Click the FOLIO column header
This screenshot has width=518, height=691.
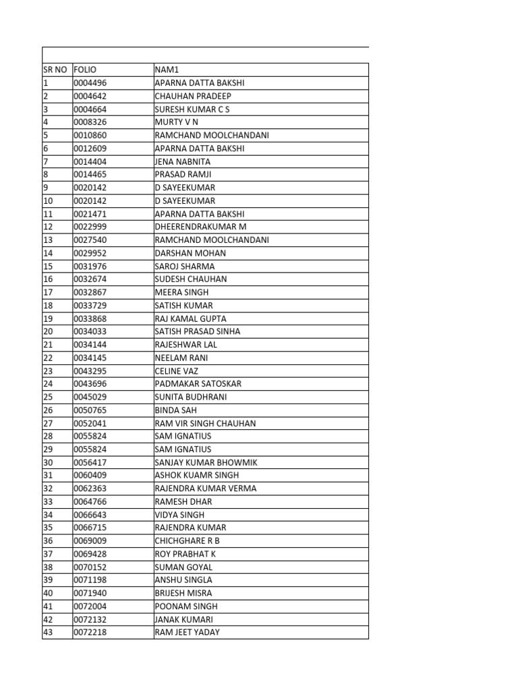pos(86,70)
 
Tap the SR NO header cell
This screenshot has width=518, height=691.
pos(56,70)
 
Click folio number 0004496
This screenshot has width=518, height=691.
pos(90,83)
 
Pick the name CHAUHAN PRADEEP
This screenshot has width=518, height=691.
pos(193,96)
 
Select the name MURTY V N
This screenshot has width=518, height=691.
pos(177,122)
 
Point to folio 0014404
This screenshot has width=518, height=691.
pos(90,161)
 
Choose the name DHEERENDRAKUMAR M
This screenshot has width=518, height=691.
pos(200,227)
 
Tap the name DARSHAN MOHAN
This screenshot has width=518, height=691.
pos(190,253)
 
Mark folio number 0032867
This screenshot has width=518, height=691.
pos(90,292)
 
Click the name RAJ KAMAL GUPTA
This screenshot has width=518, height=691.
pos(190,319)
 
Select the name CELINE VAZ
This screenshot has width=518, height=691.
pos(177,371)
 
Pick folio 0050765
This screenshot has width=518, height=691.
pos(90,410)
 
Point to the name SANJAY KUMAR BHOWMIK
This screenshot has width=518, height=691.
pos(206,462)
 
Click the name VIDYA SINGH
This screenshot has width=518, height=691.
pos(179,515)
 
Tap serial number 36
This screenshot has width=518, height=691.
pos(48,541)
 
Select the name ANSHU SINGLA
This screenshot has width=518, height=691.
pos(183,580)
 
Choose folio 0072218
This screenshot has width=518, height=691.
pos(90,632)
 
